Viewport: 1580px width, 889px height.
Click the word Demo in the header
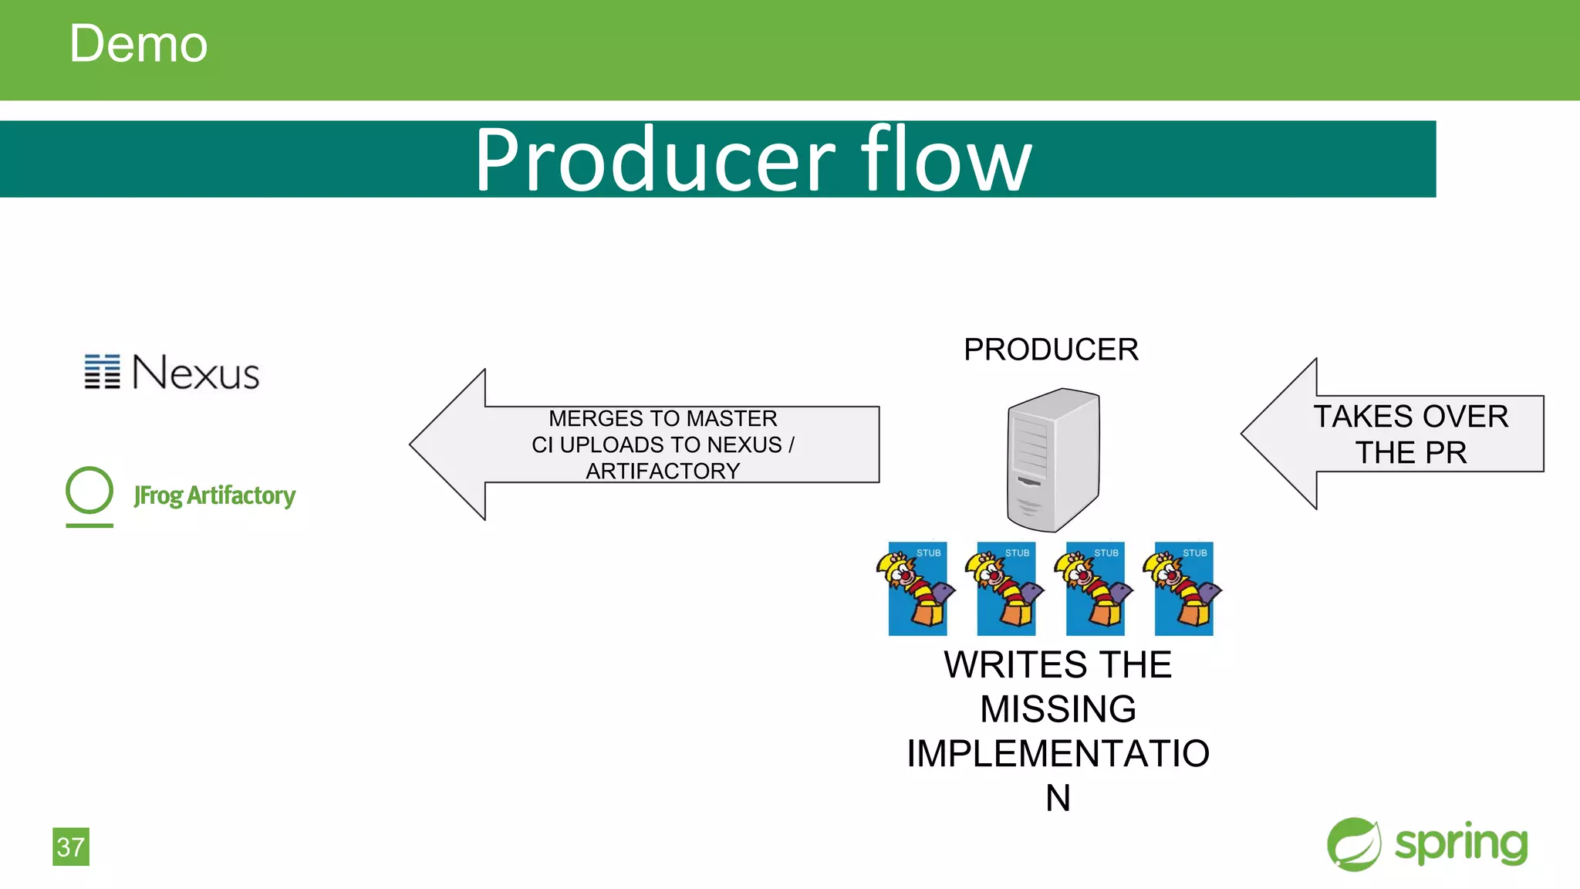pyautogui.click(x=138, y=44)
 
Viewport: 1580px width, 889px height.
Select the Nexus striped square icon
pyautogui.click(x=102, y=372)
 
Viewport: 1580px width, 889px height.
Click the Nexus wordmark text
pyautogui.click(x=196, y=373)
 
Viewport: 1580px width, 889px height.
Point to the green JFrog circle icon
pyautogui.click(x=89, y=491)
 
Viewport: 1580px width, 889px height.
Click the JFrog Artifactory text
pyautogui.click(x=214, y=495)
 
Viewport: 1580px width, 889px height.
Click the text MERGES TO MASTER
pyautogui.click(x=663, y=418)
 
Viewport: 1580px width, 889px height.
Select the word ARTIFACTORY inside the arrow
pyautogui.click(x=663, y=471)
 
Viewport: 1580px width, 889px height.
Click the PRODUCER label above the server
pyautogui.click(x=1051, y=350)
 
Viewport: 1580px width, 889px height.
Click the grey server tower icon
pyautogui.click(x=1053, y=459)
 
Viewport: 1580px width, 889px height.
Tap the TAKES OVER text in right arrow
pyautogui.click(x=1410, y=417)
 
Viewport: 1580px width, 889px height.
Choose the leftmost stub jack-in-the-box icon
pyautogui.click(x=917, y=589)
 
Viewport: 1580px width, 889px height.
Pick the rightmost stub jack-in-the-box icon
pyautogui.click(x=1183, y=589)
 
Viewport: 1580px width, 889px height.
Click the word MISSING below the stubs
pyautogui.click(x=1058, y=709)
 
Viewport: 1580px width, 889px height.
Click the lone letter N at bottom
pyautogui.click(x=1058, y=798)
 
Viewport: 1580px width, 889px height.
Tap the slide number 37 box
pyautogui.click(x=71, y=847)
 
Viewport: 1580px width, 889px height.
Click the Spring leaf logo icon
pyautogui.click(x=1354, y=844)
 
